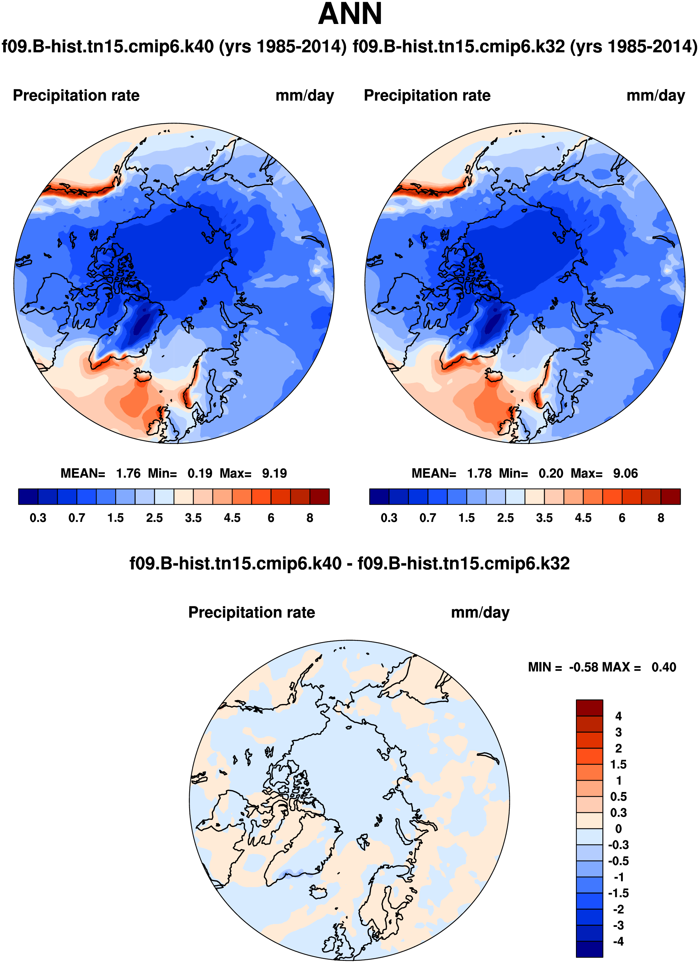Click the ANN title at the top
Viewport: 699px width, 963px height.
point(349,14)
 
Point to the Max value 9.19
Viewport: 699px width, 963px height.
point(274,473)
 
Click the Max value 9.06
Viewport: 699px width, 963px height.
point(625,473)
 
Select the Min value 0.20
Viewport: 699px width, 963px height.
point(551,473)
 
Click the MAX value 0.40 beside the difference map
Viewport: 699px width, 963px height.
point(664,667)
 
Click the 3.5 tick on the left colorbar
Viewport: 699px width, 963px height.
point(193,518)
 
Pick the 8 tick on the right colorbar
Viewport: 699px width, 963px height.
point(661,518)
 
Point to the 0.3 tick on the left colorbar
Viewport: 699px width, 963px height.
point(38,518)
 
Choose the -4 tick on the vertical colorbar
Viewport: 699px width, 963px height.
point(618,941)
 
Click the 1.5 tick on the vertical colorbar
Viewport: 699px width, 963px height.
point(618,765)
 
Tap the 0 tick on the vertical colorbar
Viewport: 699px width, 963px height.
point(618,829)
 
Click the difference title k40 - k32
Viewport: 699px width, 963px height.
point(349,563)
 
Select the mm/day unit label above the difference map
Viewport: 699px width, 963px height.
point(480,612)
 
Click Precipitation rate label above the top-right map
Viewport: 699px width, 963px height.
point(427,96)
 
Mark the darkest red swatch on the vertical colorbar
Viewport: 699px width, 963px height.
point(589,708)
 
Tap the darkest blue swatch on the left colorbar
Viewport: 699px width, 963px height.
point(28,497)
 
